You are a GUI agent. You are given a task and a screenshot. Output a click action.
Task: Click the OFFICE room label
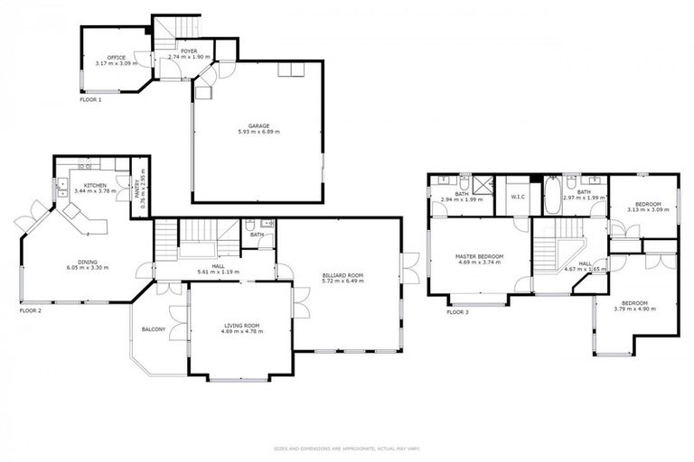click(x=117, y=57)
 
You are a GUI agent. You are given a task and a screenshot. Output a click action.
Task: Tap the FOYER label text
click(x=188, y=51)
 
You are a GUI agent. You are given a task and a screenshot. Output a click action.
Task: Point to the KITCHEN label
click(x=95, y=185)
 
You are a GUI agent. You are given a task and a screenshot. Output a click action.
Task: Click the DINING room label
click(x=88, y=262)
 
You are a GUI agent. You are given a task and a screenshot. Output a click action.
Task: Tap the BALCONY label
click(x=153, y=329)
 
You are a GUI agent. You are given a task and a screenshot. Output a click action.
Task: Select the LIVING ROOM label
click(x=241, y=325)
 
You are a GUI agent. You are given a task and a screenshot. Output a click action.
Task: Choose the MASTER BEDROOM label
click(x=479, y=256)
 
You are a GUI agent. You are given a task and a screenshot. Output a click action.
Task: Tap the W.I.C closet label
click(x=518, y=196)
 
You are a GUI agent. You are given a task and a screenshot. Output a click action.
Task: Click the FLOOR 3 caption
click(x=457, y=312)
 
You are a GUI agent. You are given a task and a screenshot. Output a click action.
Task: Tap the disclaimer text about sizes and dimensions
click(x=347, y=448)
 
